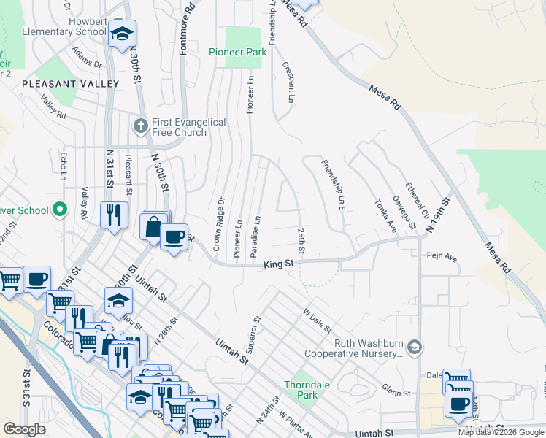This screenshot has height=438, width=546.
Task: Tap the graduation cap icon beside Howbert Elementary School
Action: [x=122, y=34]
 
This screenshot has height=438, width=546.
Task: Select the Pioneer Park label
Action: [x=237, y=52]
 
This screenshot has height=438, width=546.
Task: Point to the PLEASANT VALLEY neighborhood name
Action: [x=70, y=84]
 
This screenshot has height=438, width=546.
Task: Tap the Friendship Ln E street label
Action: [x=331, y=185]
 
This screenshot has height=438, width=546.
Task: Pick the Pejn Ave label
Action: [x=442, y=258]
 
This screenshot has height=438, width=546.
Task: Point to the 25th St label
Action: [x=301, y=241]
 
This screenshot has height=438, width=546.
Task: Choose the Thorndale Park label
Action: [x=301, y=389]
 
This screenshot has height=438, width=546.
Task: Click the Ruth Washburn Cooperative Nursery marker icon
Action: [x=415, y=345]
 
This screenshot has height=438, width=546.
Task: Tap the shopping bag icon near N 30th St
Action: [x=153, y=227]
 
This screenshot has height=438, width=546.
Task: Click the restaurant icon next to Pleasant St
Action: [x=113, y=215]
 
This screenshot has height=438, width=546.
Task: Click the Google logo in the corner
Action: [x=24, y=429]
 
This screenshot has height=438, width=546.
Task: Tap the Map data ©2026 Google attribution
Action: [x=500, y=432]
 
